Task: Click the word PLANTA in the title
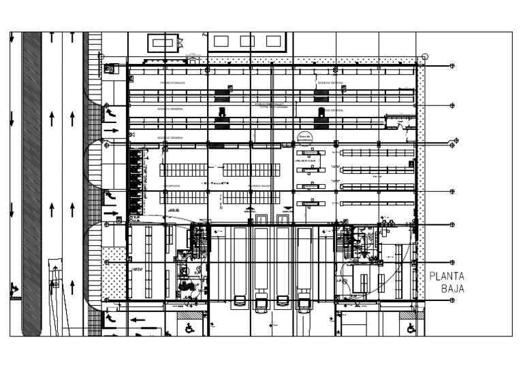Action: click(447, 276)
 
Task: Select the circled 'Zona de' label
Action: click(305, 138)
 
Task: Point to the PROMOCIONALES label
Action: click(172, 83)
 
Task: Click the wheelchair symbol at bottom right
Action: click(411, 328)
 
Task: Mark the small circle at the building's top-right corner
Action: click(425, 57)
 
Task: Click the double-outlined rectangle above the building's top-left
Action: click(162, 43)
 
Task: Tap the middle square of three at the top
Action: click(247, 41)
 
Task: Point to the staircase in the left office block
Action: click(198, 243)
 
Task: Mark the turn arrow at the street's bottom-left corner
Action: click(13, 290)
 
